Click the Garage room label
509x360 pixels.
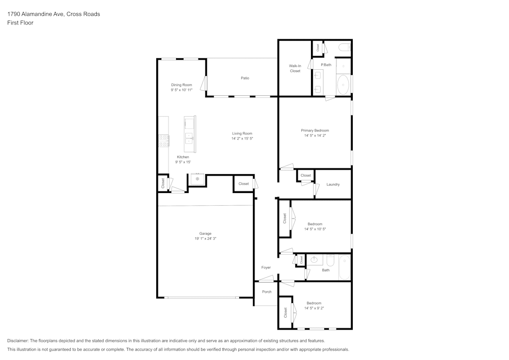(x=205, y=234)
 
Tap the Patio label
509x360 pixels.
(x=245, y=78)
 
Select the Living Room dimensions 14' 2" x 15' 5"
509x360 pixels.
(x=242, y=139)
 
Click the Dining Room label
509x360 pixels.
(x=181, y=85)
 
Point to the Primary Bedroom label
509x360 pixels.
(x=315, y=130)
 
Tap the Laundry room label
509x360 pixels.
(x=333, y=184)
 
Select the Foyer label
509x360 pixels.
(x=266, y=267)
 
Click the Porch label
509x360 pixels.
(x=267, y=292)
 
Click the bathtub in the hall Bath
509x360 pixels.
(x=345, y=267)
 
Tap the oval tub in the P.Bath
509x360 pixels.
(x=343, y=85)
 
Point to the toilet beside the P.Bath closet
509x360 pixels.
(x=344, y=48)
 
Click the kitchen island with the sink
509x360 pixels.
(x=190, y=134)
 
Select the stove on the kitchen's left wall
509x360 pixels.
(x=163, y=141)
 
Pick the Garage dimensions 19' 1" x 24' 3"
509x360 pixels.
(x=205, y=239)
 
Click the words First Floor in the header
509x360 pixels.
(x=20, y=23)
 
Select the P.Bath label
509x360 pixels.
(x=326, y=65)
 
